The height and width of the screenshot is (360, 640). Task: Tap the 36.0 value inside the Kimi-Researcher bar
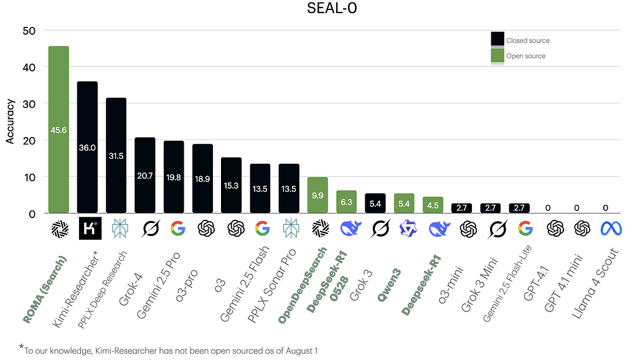click(x=87, y=148)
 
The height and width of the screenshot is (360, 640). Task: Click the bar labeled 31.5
click(x=116, y=156)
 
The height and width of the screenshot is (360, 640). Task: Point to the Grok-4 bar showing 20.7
click(x=145, y=175)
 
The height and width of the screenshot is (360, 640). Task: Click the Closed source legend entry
click(x=520, y=40)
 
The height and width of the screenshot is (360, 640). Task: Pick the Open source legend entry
click(x=518, y=56)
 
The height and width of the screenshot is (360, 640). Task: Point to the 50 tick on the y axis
click(x=29, y=31)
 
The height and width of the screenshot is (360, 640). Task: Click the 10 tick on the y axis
click(x=29, y=177)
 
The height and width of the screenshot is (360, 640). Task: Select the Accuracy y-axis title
click(x=10, y=123)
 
